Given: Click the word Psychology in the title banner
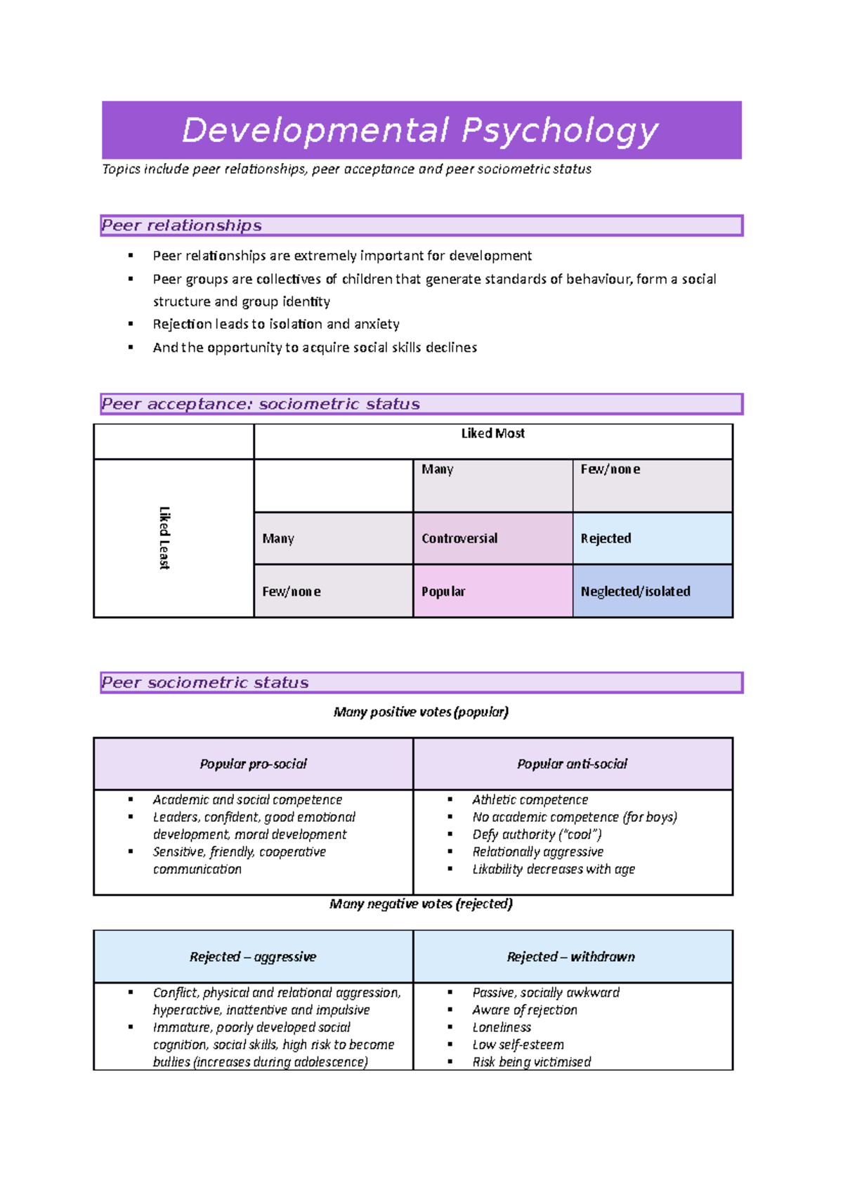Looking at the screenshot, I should (x=559, y=131).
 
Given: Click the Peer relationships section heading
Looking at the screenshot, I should (x=182, y=226).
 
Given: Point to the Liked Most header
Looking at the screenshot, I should (x=492, y=434).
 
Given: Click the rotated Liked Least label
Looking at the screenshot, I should (x=164, y=538).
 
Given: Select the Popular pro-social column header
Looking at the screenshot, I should (x=253, y=764).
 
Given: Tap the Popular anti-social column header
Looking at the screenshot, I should (x=572, y=764).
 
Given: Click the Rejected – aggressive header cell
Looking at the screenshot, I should (x=253, y=957).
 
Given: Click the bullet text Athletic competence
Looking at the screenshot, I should (x=530, y=800).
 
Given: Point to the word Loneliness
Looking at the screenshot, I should (x=502, y=1028).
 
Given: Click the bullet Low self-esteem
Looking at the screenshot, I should (x=518, y=1045).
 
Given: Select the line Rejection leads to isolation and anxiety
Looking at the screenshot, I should (x=276, y=325).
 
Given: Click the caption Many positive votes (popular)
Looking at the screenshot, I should (x=421, y=712).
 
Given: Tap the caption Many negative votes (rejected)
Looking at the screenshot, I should (x=421, y=904).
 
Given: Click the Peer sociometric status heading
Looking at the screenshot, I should (x=205, y=683).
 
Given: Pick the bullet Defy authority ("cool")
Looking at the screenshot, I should (x=537, y=835).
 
